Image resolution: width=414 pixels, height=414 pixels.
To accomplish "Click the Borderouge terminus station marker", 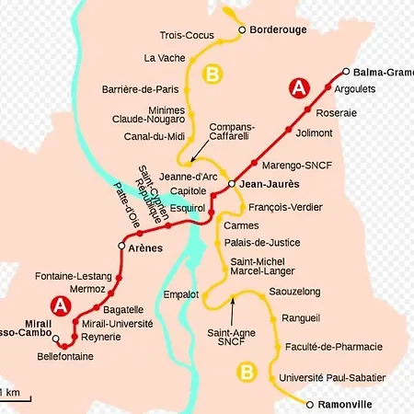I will click(243, 29).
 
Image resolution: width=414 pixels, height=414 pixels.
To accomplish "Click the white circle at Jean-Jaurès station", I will click(233, 183).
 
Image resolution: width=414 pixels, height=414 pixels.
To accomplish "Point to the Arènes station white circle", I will click(121, 247).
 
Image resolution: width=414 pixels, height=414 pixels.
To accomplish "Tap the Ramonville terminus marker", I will click(310, 404).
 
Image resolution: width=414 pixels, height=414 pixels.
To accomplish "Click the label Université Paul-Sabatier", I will click(327, 378).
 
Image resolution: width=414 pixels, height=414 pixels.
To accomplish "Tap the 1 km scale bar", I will click(16, 398).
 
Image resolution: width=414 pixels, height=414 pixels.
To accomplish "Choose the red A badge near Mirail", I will click(61, 305).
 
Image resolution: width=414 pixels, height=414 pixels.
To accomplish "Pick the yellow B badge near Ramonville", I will click(246, 372).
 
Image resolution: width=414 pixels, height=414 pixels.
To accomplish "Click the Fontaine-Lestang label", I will click(73, 276).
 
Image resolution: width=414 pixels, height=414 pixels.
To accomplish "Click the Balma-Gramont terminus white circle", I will click(346, 72).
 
